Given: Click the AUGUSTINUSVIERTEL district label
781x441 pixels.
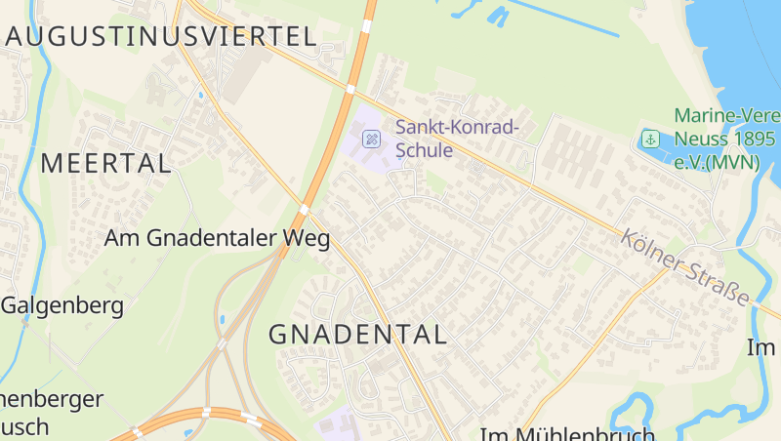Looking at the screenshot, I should pos(162,37).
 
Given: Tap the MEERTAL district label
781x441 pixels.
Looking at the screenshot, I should pos(106,163).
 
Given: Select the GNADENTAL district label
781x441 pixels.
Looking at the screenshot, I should pos(357,335).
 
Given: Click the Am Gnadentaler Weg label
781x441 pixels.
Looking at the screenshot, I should pos(217,238).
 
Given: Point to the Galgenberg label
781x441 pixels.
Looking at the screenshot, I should pos(62,306).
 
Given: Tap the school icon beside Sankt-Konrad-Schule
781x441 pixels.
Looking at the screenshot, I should pos(372,140).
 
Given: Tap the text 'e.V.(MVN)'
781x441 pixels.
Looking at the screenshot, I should pos(716,162).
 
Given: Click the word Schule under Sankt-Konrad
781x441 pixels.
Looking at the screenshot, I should pos(425,151).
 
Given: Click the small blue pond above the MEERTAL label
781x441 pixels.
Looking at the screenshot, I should pos(201,96).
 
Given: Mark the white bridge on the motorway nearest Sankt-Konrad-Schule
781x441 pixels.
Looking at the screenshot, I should pos(349,90).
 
